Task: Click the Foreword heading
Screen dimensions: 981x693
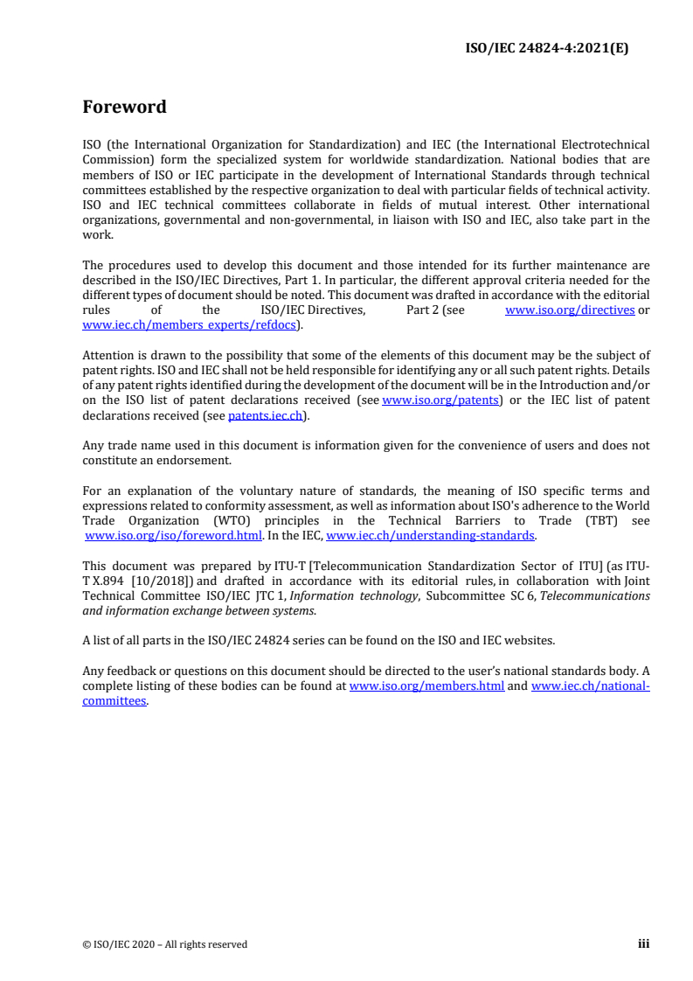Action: [x=124, y=108]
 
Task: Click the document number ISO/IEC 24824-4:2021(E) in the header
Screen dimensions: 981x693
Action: [x=545, y=49]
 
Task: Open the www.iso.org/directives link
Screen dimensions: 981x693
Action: [x=570, y=310]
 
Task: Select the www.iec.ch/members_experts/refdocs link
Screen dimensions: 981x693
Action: [x=191, y=325]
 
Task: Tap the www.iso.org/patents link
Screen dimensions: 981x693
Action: [x=440, y=400]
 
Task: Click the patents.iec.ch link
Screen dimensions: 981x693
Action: [x=266, y=415]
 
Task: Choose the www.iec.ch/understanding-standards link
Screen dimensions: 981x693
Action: [x=430, y=535]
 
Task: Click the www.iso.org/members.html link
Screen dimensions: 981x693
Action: [x=426, y=686]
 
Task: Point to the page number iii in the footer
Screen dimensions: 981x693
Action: [x=643, y=944]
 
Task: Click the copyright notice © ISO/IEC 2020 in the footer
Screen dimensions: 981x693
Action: [x=165, y=944]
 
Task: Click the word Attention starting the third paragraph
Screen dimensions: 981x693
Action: [x=107, y=355]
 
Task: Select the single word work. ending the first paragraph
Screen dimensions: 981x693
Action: [x=97, y=235]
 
